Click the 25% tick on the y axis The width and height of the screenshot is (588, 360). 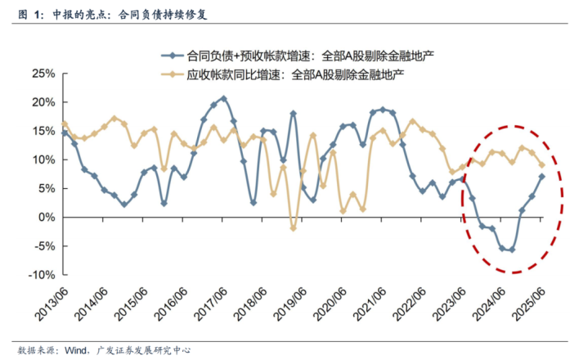[x=43, y=73]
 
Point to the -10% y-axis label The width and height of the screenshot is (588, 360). [x=42, y=274]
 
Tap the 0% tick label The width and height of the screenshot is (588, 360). [x=47, y=217]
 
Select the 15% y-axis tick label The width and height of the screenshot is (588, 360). [x=43, y=130]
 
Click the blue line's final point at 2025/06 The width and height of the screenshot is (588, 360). [x=541, y=177]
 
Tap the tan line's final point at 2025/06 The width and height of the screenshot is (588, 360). [x=541, y=164]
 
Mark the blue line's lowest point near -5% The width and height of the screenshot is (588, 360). [x=512, y=250]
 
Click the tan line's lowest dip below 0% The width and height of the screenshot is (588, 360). [x=293, y=227]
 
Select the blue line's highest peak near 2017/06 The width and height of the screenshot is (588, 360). [x=224, y=99]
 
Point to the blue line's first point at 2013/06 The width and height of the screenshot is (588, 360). [x=65, y=133]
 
